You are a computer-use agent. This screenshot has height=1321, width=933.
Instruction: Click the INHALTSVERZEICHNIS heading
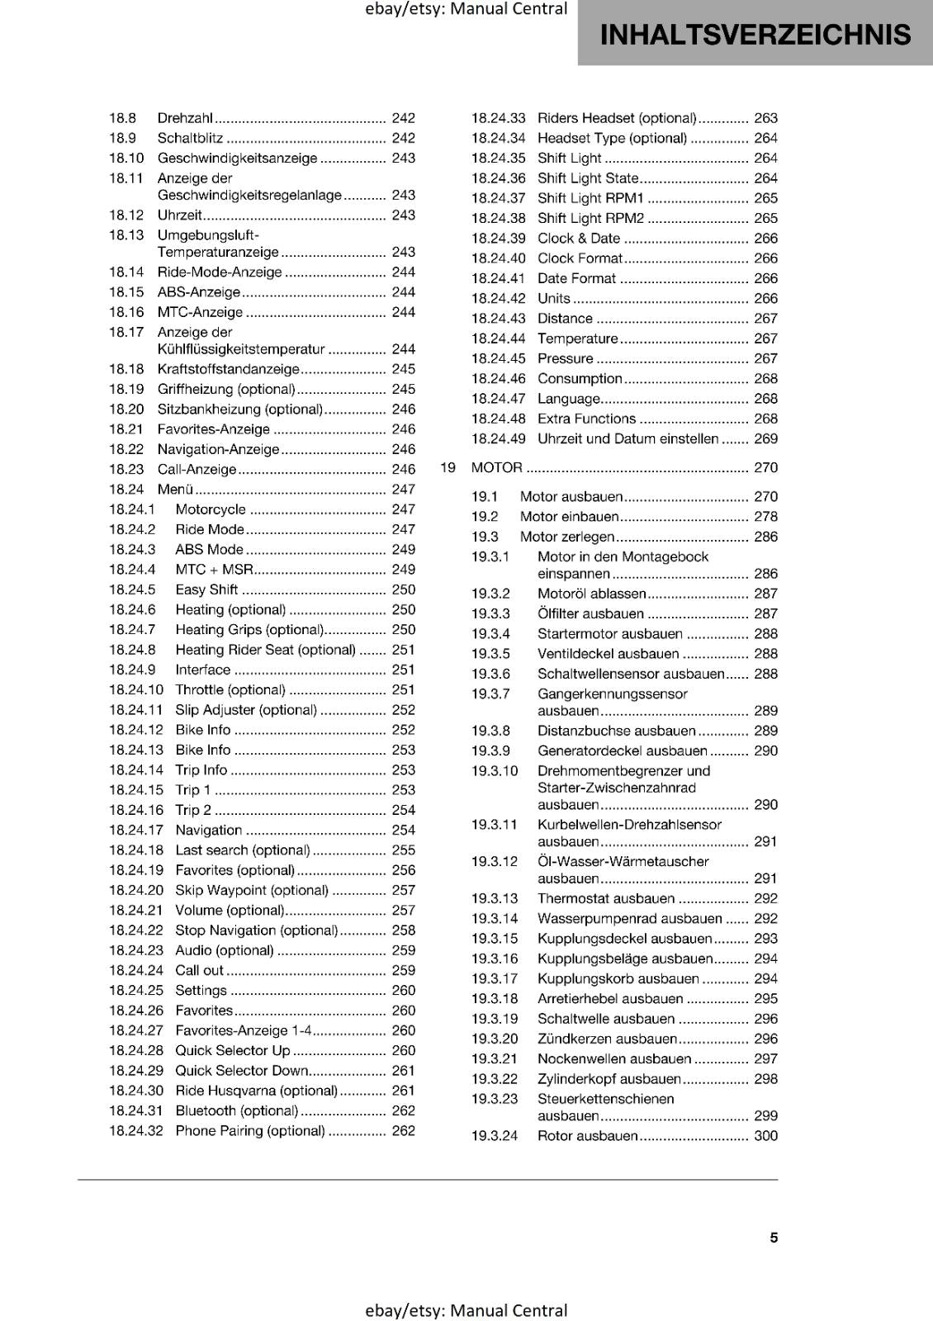(755, 35)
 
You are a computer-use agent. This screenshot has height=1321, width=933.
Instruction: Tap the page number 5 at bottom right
(774, 1238)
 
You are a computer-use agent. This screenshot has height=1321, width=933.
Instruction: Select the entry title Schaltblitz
(190, 138)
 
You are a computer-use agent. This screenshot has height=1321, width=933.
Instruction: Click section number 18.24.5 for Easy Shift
(132, 589)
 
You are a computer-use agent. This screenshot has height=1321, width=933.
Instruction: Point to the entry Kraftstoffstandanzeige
(228, 369)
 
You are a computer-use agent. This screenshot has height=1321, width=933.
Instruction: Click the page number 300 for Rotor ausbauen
(765, 1136)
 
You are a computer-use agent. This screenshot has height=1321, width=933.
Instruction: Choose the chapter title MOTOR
(496, 467)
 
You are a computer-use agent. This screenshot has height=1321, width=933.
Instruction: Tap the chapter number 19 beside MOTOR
(448, 467)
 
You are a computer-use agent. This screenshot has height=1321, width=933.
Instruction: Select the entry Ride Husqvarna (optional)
(256, 1091)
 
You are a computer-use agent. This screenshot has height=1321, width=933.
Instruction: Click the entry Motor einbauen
(569, 517)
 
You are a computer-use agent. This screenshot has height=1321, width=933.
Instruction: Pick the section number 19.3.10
(495, 771)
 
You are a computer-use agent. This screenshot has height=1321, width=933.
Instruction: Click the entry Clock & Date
(578, 239)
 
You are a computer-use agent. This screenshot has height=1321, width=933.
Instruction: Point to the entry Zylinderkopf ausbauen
(609, 1079)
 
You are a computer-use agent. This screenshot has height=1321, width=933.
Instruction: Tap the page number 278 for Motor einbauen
(765, 517)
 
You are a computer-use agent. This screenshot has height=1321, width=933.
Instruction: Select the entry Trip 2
(193, 810)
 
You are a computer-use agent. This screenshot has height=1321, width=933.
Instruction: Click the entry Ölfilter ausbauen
(590, 614)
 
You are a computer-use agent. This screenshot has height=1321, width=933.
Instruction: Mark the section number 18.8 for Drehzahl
(122, 118)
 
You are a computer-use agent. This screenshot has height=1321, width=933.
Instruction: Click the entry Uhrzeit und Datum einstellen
(628, 439)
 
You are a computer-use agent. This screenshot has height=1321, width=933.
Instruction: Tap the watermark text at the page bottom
(466, 1310)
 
